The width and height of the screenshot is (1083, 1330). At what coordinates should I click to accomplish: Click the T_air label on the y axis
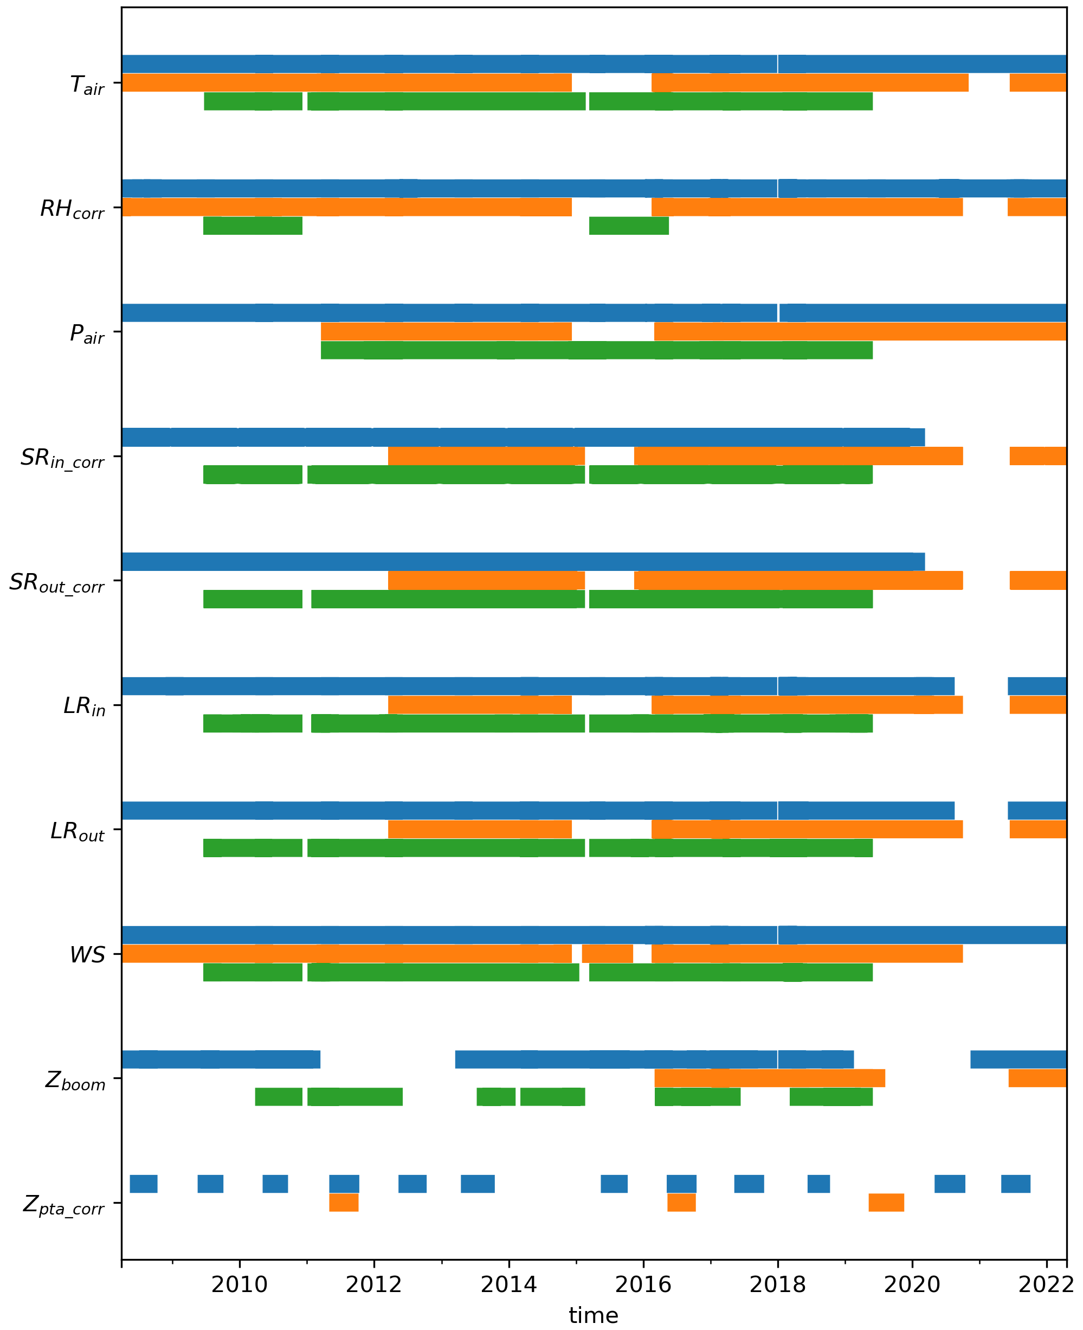coord(87,85)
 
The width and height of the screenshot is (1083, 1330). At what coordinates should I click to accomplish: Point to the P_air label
coord(87,334)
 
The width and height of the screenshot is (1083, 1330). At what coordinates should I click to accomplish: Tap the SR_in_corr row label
coord(62,459)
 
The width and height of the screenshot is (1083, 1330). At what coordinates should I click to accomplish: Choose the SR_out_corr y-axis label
coord(56,583)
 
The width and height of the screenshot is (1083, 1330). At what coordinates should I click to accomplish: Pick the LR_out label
coord(78,831)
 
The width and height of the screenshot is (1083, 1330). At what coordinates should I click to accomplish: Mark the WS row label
coord(87,955)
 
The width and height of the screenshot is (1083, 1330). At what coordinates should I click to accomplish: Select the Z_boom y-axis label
coord(75,1081)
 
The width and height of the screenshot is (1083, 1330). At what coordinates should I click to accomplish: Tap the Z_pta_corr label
coord(63,1205)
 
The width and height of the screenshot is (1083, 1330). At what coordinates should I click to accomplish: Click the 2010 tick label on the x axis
coord(239,1284)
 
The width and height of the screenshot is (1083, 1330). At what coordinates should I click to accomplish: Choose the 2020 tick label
coord(912,1284)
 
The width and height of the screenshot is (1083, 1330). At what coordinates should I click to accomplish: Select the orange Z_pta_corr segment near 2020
coord(886,1202)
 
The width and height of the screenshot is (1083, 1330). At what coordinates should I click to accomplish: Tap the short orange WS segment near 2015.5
coord(607,954)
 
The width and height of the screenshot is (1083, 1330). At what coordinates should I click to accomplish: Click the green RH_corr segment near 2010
coord(253,226)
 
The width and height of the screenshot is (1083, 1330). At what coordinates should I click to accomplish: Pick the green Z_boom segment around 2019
coord(830,1096)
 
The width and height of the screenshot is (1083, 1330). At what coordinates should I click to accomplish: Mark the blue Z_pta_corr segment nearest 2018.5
coord(818,1183)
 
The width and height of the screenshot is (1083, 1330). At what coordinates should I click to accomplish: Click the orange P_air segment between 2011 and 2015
coord(446,331)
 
